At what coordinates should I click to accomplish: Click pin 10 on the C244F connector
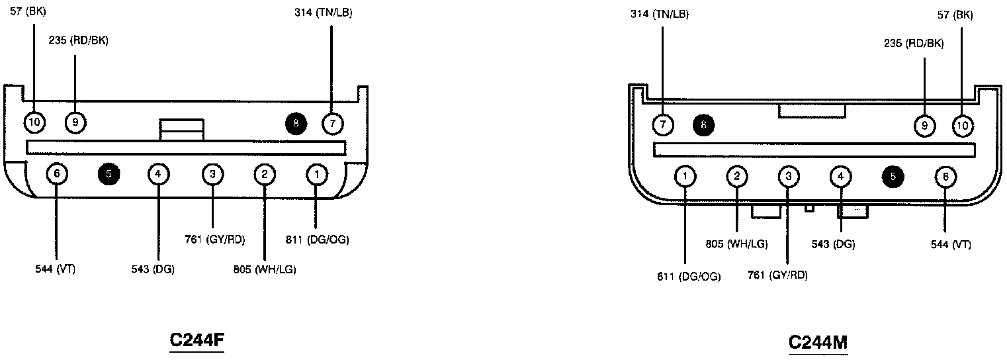[x=34, y=122]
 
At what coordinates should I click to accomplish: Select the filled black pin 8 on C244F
[x=296, y=124]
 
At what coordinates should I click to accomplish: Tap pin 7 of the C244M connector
[x=663, y=124]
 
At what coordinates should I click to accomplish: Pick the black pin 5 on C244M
[x=893, y=176]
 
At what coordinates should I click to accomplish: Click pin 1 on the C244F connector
[x=317, y=174]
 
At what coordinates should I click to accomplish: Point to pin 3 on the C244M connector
[x=789, y=176]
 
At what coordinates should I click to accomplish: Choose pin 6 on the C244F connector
[x=57, y=173]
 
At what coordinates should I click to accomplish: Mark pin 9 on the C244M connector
[x=925, y=125]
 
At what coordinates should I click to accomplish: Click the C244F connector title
[x=197, y=339]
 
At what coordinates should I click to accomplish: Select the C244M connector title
[x=818, y=343]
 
